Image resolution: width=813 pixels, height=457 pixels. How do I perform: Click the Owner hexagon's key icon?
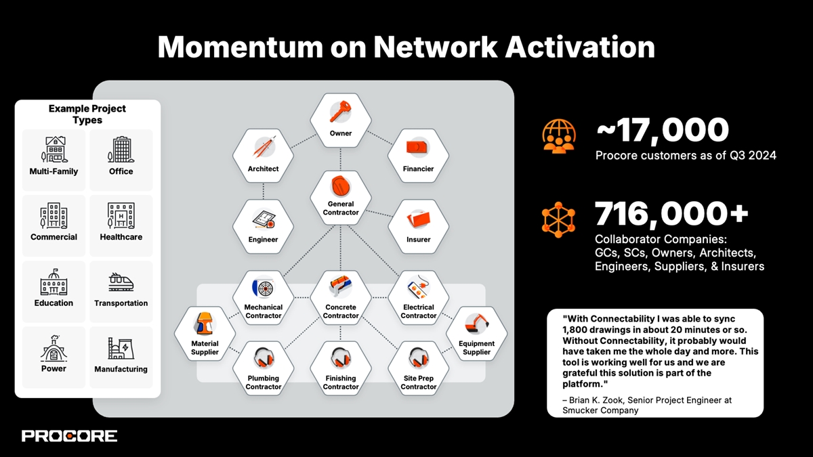(x=340, y=112)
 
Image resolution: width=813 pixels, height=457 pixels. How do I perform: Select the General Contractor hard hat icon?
(x=341, y=186)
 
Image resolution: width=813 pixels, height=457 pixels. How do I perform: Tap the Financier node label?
(x=418, y=169)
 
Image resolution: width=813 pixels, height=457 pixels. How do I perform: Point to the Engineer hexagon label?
(x=263, y=240)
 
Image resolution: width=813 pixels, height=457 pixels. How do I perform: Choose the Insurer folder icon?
(x=419, y=219)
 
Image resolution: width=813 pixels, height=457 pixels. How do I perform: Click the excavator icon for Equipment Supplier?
(x=476, y=324)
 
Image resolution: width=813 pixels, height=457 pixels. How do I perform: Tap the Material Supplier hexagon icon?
(x=205, y=324)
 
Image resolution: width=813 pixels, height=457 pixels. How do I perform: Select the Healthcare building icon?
(x=121, y=215)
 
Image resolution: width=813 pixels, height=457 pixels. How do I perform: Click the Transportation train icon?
(x=121, y=282)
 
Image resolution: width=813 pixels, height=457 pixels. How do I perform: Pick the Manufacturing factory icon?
(x=121, y=348)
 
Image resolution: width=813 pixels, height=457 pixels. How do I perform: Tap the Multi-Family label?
(x=54, y=171)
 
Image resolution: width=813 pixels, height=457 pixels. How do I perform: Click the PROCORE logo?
(x=69, y=436)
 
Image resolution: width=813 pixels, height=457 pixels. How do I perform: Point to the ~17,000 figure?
(x=663, y=130)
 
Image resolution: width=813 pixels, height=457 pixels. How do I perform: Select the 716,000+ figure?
(x=671, y=213)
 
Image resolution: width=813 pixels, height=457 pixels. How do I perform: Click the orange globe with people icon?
(x=559, y=136)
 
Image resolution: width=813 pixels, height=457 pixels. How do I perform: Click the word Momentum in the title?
(x=241, y=47)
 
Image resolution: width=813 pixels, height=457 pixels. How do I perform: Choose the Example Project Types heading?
(x=87, y=114)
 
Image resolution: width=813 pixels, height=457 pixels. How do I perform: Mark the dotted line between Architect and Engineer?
(x=263, y=191)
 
